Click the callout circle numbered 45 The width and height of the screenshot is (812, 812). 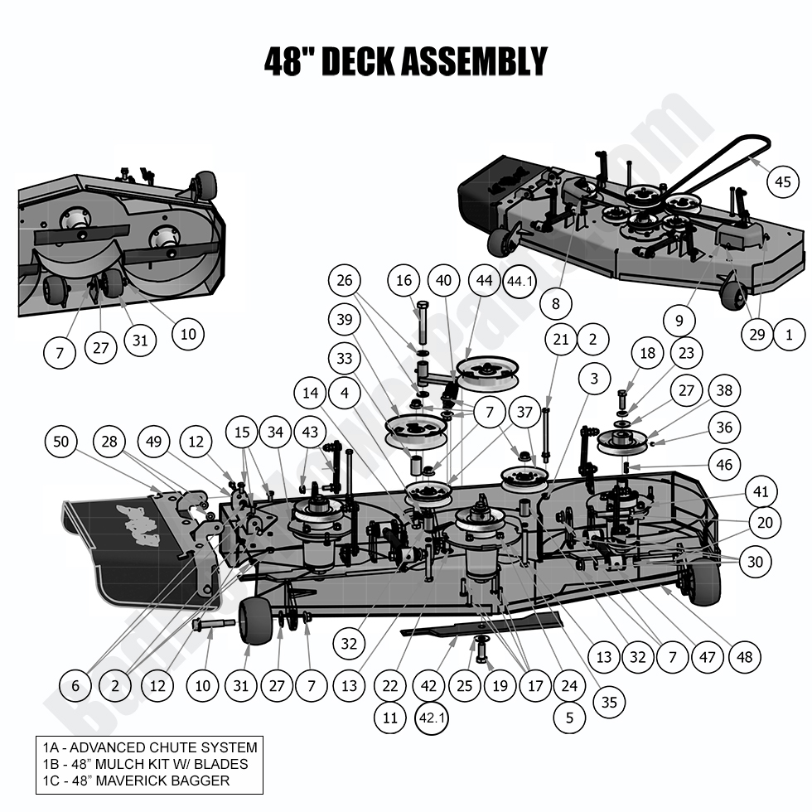tap(783, 182)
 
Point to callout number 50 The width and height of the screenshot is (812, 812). tap(61, 442)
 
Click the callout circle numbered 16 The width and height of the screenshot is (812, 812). tap(404, 282)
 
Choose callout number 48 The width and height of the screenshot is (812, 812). tap(744, 657)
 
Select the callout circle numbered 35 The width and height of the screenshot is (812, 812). tap(609, 703)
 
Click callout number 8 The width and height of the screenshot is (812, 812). tap(555, 304)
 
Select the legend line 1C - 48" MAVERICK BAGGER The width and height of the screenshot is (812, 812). tap(136, 781)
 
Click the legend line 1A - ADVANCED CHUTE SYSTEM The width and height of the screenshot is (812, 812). tap(149, 747)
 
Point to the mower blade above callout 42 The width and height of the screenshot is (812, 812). tap(481, 626)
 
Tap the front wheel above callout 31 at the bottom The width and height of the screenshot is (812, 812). tap(255, 621)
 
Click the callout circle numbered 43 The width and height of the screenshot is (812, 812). tap(310, 432)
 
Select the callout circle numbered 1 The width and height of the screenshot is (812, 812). tap(788, 334)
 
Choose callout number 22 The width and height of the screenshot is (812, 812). tap(389, 686)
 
